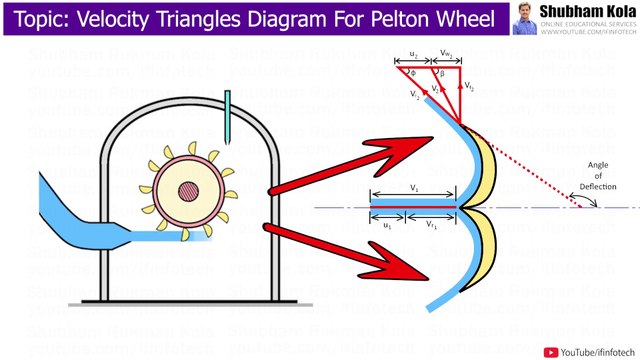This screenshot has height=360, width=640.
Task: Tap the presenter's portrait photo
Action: tap(525, 19)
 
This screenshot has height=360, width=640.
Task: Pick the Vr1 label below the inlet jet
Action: tap(432, 225)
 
